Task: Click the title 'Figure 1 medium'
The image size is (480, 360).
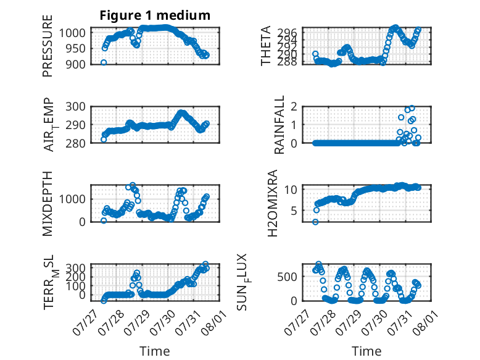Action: [155, 15]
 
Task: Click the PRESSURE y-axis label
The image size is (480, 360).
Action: [48, 46]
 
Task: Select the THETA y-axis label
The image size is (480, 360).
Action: [266, 46]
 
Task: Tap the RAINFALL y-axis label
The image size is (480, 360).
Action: [279, 124]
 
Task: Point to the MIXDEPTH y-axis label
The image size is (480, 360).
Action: [48, 203]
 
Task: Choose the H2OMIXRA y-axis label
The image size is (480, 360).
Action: [273, 203]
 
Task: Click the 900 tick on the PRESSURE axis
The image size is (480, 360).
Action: [76, 64]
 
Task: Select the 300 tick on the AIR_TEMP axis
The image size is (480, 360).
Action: [76, 107]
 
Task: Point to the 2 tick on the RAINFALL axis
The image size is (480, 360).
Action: [294, 107]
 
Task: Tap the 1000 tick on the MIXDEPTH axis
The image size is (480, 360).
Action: [73, 199]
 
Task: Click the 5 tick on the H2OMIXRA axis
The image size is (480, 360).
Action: [294, 211]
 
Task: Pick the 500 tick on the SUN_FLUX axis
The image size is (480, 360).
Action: [288, 277]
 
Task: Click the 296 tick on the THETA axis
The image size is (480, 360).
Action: [288, 33]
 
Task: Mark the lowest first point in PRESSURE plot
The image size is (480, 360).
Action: [104, 62]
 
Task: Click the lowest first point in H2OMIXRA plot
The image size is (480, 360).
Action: [315, 222]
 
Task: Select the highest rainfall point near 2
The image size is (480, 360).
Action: [412, 108]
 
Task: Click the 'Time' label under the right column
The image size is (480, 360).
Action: [366, 351]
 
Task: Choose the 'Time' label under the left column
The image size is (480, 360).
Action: [155, 351]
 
